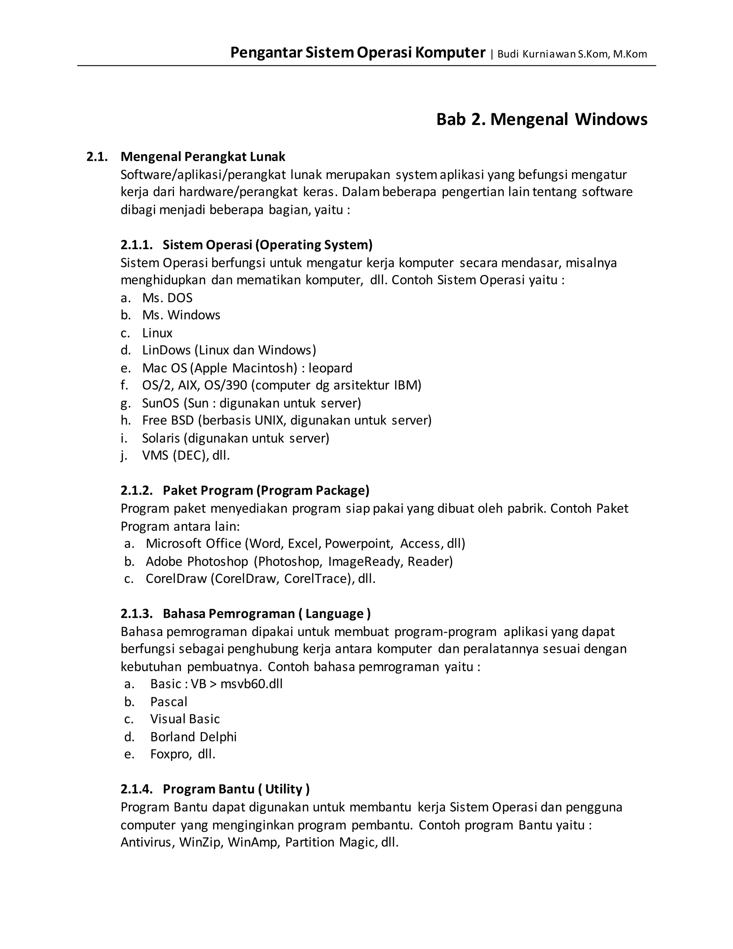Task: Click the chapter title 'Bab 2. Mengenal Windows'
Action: coord(542,120)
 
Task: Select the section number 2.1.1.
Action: coord(136,245)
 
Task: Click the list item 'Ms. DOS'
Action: coord(167,298)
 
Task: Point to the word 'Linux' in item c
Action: coord(157,333)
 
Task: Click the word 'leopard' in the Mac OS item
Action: coord(330,368)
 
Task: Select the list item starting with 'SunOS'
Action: coord(251,403)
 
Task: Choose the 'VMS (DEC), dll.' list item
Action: coord(186,456)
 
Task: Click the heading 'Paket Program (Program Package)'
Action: coord(266,491)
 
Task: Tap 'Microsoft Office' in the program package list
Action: coord(193,544)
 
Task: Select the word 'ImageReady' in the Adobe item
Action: coord(366,562)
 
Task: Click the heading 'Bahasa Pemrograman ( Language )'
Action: coord(267,613)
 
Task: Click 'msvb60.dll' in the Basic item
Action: coord(251,684)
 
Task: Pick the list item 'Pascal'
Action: coord(169,702)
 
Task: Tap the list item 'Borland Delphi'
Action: coord(193,737)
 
